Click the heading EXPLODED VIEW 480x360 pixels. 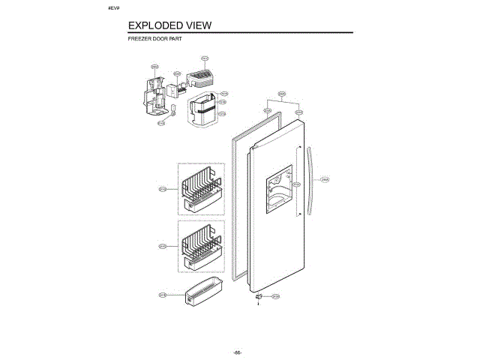click(x=170, y=25)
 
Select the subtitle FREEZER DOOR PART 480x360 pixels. click(x=155, y=37)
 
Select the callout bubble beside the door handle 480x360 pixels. click(x=325, y=179)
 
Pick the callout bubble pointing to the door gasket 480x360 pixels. click(x=267, y=111)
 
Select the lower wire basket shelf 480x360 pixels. click(x=200, y=247)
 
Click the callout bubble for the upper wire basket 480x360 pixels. click(x=163, y=189)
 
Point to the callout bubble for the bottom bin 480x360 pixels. click(x=163, y=295)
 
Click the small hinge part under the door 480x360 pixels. click(x=260, y=297)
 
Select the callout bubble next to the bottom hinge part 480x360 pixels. click(x=275, y=296)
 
